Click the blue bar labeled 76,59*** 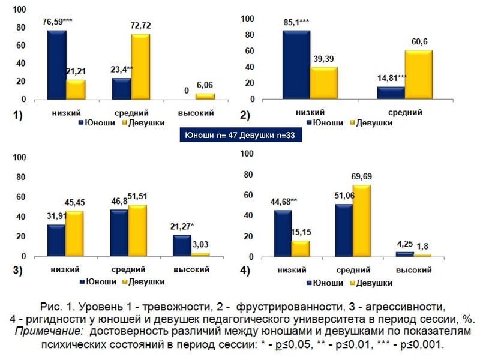click(x=57, y=65)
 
